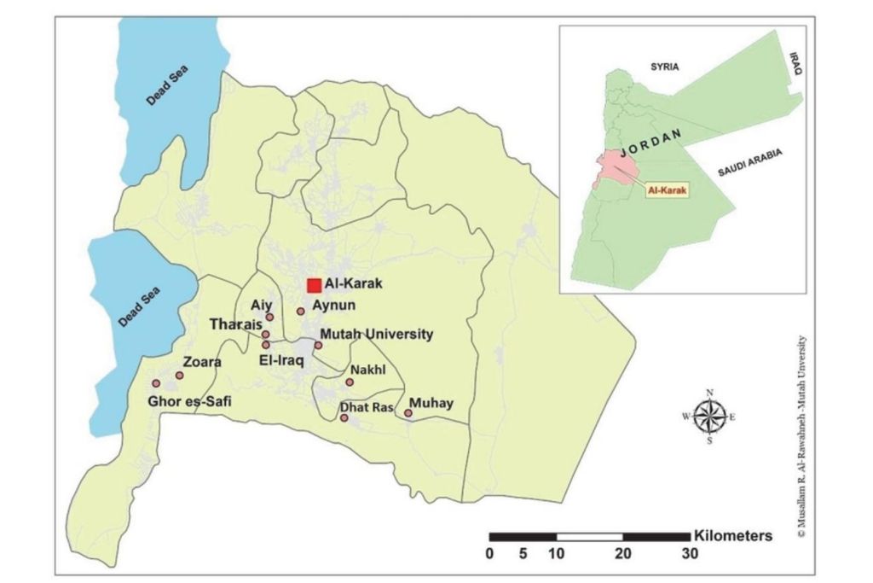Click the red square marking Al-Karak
[314, 286]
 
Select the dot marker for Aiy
[269, 317]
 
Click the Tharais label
[234, 324]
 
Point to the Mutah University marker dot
[318, 346]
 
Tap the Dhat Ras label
[366, 409]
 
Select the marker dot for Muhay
[408, 414]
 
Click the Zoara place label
[202, 362]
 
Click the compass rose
[708, 417]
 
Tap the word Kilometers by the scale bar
[733, 536]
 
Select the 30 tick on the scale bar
[689, 554]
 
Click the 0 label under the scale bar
[489, 554]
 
